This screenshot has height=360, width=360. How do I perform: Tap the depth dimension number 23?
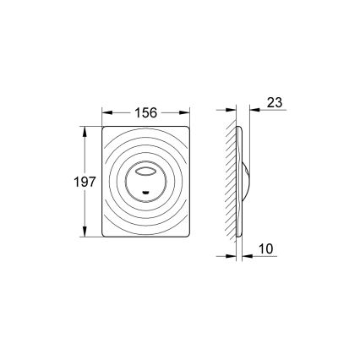[275, 101]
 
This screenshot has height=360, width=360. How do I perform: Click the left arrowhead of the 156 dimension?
[106, 111]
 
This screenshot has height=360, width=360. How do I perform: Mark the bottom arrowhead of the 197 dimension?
[85, 233]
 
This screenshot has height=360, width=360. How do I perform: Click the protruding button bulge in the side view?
[250, 181]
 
